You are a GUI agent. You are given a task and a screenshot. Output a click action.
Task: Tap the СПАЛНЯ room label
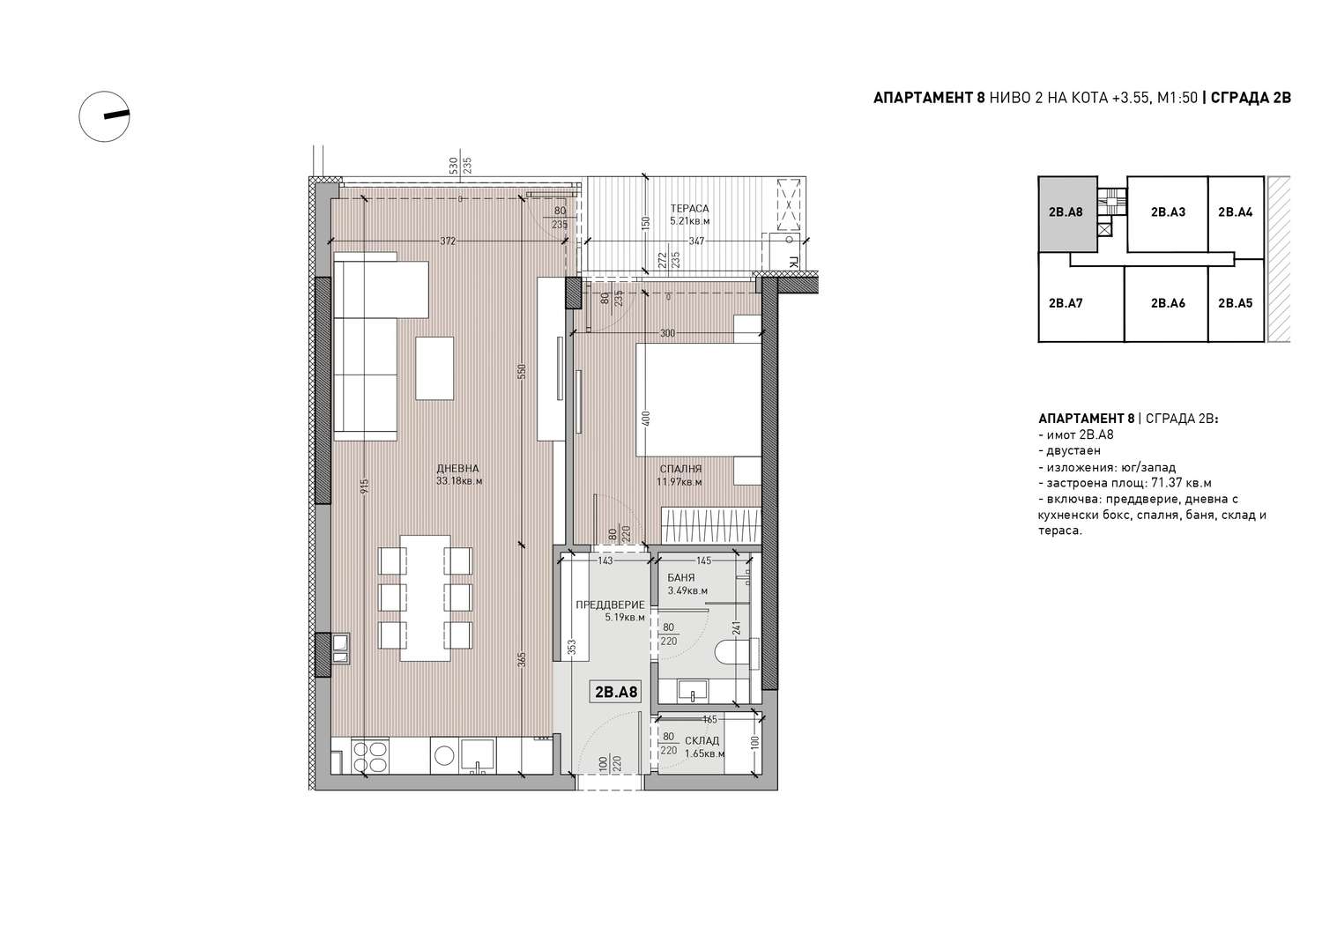point(680,470)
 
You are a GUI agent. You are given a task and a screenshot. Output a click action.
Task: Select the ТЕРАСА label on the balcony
point(689,208)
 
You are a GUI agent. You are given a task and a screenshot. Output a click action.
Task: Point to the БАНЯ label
point(681,578)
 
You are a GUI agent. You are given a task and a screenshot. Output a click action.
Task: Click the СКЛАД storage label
point(702,741)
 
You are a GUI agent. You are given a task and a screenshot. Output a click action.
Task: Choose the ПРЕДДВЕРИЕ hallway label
point(610,605)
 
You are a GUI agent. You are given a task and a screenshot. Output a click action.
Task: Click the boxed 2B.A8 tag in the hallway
point(616,692)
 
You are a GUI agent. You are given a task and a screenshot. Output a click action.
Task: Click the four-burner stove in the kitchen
point(370,757)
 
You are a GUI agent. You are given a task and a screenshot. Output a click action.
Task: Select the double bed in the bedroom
point(698,400)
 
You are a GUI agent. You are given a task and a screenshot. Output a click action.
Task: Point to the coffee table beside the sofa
point(435,368)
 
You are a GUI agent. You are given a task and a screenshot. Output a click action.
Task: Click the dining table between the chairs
point(426,598)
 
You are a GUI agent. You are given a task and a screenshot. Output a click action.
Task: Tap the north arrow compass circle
point(105,116)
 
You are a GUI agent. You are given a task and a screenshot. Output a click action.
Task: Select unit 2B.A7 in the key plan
point(1066,303)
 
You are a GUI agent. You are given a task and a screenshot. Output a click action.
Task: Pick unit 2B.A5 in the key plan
point(1236,303)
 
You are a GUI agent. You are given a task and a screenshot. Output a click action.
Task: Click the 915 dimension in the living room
point(364,486)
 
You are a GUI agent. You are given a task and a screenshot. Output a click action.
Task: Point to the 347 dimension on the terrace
point(696,241)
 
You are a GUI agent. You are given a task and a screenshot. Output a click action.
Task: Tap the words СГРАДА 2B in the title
point(1251,98)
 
